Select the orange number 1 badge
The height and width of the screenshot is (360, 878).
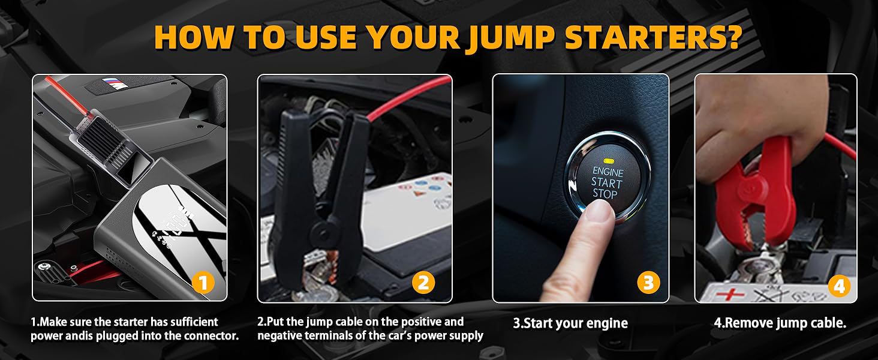coord(203,283)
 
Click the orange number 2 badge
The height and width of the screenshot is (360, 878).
coord(424,283)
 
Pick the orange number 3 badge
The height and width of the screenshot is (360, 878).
coord(649,283)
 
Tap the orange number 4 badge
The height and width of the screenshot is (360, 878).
coord(839,287)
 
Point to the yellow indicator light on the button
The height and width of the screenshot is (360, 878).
coord(609,161)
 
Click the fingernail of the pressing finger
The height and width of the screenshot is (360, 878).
coord(598,210)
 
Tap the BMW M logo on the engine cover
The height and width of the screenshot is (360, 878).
coord(115,83)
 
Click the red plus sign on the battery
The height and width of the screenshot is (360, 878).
coord(730,294)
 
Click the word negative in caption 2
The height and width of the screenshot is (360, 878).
coord(279,335)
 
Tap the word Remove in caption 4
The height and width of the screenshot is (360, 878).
coord(744,323)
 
